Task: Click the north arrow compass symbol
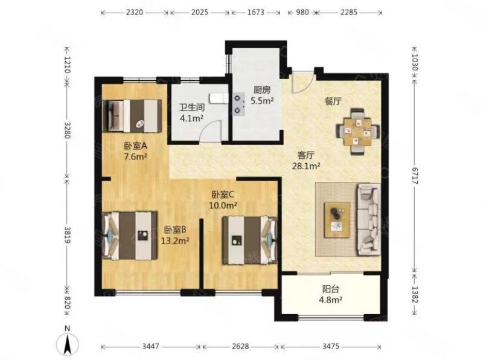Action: pyautogui.click(x=68, y=344)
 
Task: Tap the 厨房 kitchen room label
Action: pyautogui.click(x=262, y=90)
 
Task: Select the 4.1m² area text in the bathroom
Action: pyautogui.click(x=191, y=118)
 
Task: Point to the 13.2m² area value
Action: pyautogui.click(x=175, y=240)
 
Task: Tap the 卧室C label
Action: pyautogui.click(x=223, y=194)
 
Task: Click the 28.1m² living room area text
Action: pyautogui.click(x=306, y=166)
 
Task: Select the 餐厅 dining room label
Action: pyautogui.click(x=333, y=101)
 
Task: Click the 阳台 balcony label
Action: pyautogui.click(x=331, y=289)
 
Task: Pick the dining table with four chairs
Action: pyautogui.click(x=357, y=131)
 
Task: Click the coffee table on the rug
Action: pyautogui.click(x=337, y=220)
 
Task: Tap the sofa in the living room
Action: pyautogui.click(x=368, y=219)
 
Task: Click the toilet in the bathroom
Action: pyautogui.click(x=218, y=98)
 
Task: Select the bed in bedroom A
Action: pyautogui.click(x=132, y=116)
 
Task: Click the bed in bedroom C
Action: pyautogui.click(x=249, y=240)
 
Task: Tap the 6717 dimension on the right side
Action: pyautogui.click(x=414, y=176)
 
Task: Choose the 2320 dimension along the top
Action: pyautogui.click(x=135, y=12)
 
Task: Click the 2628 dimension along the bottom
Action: pyautogui.click(x=240, y=347)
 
